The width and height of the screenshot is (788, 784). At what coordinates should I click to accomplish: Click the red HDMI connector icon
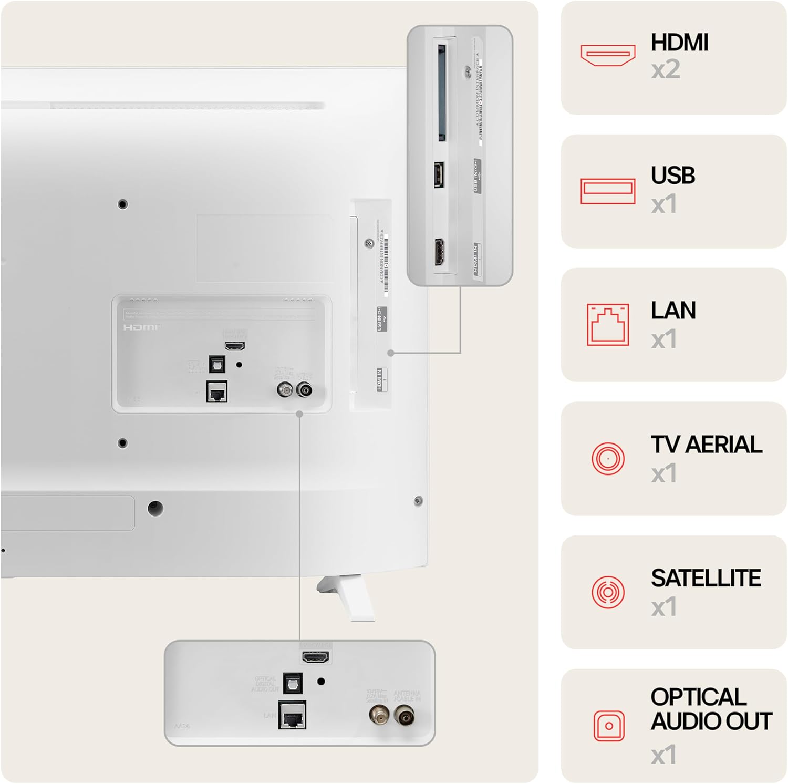(x=608, y=55)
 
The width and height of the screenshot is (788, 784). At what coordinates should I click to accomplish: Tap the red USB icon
(x=608, y=191)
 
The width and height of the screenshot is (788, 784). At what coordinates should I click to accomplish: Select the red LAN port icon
(x=608, y=325)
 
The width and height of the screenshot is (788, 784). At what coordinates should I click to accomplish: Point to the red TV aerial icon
(x=608, y=458)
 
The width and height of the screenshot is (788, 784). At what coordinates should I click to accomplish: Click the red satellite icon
(x=608, y=592)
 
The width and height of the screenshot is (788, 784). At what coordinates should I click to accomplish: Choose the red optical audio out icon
(x=609, y=726)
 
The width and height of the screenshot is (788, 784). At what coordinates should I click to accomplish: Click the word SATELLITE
(x=706, y=579)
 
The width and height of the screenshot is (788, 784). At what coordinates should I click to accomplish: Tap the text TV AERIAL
(x=706, y=445)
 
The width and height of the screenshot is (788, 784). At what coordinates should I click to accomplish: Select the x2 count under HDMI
(x=666, y=69)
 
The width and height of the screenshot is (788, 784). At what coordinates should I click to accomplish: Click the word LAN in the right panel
(x=673, y=311)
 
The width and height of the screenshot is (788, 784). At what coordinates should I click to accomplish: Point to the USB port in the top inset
(x=439, y=174)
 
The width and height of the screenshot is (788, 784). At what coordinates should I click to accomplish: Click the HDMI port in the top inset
(x=439, y=252)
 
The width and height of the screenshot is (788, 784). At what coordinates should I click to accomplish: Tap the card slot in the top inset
(x=442, y=94)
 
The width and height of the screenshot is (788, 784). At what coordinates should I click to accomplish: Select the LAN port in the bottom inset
(x=292, y=715)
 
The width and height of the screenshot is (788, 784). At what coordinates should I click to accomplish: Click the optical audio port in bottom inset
(x=292, y=683)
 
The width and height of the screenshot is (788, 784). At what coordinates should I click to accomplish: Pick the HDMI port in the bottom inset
(x=315, y=657)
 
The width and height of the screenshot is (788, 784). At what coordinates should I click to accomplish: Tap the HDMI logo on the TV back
(x=140, y=327)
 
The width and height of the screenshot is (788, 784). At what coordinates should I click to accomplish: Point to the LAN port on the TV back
(x=216, y=391)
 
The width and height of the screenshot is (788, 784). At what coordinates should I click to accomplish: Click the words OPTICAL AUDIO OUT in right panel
(x=711, y=709)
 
